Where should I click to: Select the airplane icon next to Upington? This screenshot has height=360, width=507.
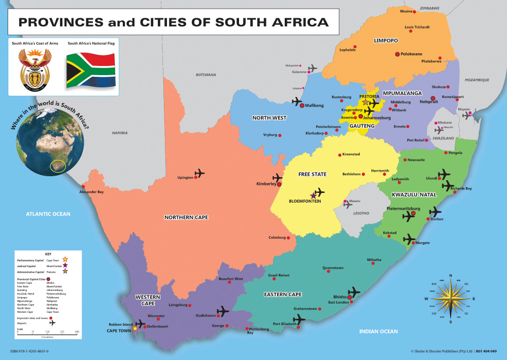199,174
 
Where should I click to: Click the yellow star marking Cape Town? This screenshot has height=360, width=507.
134,329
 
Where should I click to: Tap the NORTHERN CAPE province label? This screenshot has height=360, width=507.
186,217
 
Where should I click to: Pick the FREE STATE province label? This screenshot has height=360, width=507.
312,174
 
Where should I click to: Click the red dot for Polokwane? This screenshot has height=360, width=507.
398,54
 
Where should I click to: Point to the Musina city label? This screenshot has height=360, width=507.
406,11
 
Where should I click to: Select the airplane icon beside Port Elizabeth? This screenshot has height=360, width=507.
299,319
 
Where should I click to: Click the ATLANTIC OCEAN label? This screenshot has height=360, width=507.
48,214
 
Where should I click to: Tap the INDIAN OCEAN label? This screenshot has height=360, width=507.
378,332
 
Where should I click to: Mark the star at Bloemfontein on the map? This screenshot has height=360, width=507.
313,195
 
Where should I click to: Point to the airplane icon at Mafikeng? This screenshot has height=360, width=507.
297,102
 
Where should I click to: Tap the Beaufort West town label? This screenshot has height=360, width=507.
230,279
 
